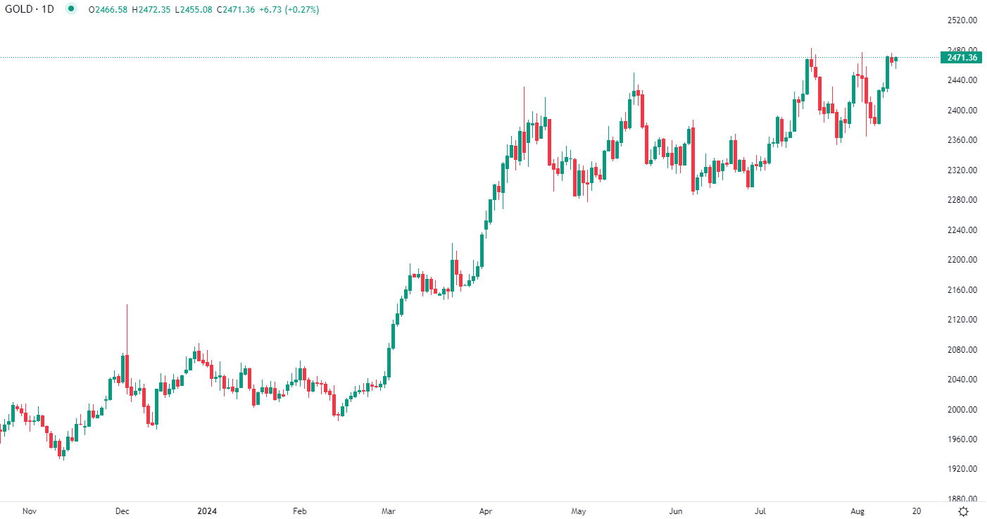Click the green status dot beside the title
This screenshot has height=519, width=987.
(71, 9)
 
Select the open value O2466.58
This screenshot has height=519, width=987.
(108, 9)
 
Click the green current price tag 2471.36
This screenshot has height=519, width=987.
(962, 57)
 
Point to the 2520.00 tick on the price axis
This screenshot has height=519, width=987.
(962, 20)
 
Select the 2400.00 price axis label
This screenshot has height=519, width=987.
(962, 111)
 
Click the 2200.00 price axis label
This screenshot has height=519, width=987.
(962, 260)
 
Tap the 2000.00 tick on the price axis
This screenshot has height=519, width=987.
(962, 410)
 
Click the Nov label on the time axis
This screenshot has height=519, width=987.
(29, 511)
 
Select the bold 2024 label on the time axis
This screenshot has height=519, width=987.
(207, 511)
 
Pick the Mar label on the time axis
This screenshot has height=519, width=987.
(388, 511)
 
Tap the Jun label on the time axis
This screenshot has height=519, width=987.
(676, 511)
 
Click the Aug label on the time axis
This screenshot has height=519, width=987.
(857, 511)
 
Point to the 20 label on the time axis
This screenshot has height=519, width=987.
(916, 511)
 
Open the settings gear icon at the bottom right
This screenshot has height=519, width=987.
(964, 511)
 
